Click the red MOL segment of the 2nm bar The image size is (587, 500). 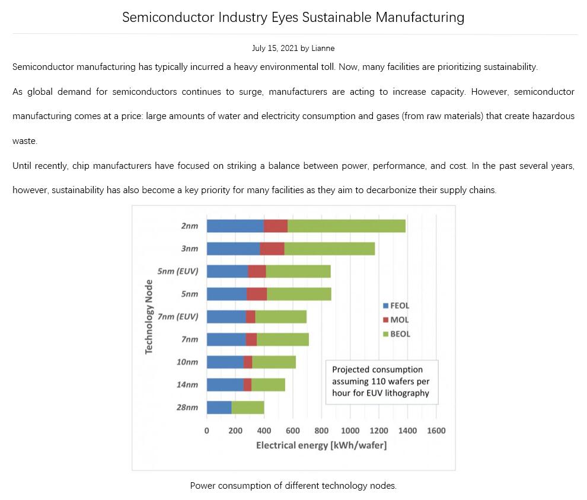tap(276, 226)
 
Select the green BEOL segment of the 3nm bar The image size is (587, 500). tap(330, 248)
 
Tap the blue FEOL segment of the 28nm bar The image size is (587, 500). tap(219, 407)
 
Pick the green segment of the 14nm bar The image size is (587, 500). tap(268, 384)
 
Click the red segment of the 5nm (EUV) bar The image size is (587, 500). tap(257, 271)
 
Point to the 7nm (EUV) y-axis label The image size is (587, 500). tap(178, 316)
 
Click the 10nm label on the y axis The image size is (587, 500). tap(187, 362)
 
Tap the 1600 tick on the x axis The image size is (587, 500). tap(436, 431)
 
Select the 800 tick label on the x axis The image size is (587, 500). tap(321, 431)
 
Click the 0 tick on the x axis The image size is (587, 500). tap(207, 431)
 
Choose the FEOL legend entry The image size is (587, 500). tap(396, 306)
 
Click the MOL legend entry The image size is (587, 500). tap(395, 320)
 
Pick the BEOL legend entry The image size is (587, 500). tap(396, 334)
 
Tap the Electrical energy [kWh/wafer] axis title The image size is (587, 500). tap(321, 445)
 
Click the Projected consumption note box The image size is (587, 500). tap(382, 381)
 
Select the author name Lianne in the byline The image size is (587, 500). tap(323, 48)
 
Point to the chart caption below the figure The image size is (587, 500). tap(293, 486)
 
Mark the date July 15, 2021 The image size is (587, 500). tap(275, 48)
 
